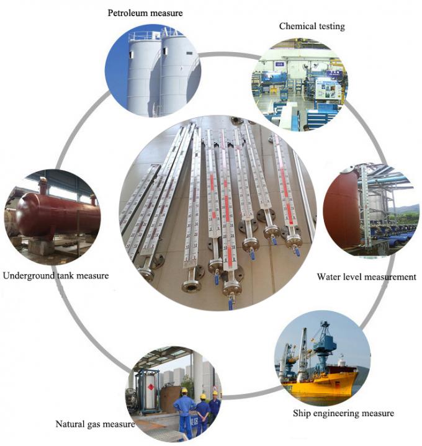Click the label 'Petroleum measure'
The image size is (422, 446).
pyautogui.click(x=145, y=13)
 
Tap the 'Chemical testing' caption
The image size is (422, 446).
pyautogui.click(x=312, y=26)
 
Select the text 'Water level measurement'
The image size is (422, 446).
pyautogui.click(x=367, y=277)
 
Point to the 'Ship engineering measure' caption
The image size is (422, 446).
pyautogui.click(x=343, y=413)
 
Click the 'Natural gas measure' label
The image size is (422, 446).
pyautogui.click(x=96, y=424)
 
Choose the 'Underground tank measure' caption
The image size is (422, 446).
pyautogui.click(x=56, y=275)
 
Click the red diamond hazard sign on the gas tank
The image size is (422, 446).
pyautogui.click(x=151, y=387)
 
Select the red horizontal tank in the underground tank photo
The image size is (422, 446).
pyautogui.click(x=58, y=213)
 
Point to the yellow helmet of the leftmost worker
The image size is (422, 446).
pyautogui.click(x=184, y=390)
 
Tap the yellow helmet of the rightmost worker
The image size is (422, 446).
pyautogui.click(x=215, y=393)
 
